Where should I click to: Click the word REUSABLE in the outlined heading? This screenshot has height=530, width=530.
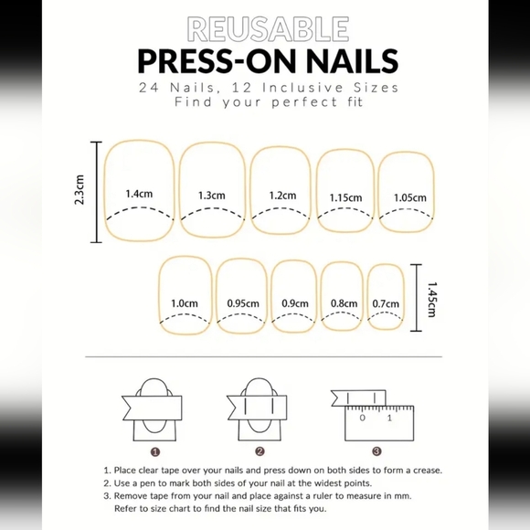264,28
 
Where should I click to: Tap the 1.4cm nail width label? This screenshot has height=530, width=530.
139,194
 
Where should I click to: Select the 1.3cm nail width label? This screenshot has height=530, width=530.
211,195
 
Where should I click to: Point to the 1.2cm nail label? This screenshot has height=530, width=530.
282,195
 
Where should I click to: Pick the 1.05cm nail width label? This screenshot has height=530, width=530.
409,197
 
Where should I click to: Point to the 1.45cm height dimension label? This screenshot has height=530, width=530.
430,298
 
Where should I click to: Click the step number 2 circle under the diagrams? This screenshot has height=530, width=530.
260,450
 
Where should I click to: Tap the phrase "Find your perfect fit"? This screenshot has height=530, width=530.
264,102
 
